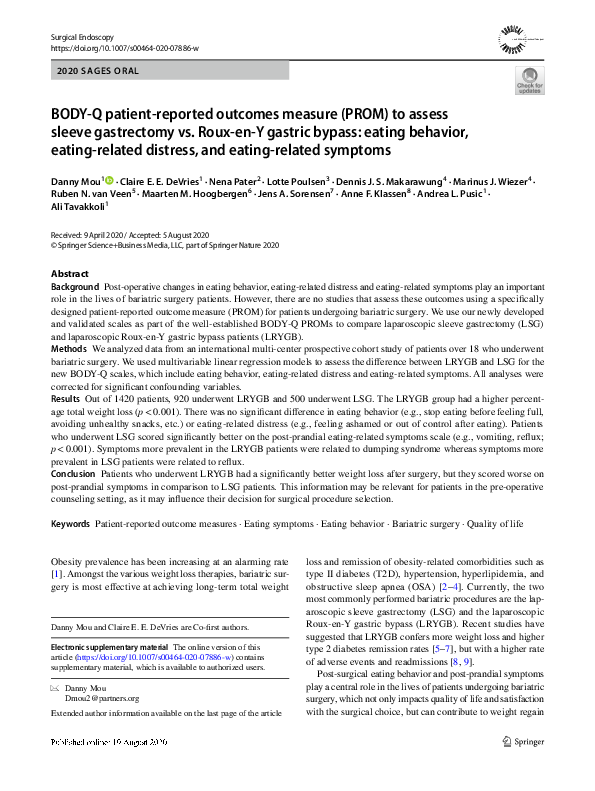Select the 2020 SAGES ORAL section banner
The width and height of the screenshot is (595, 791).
pos(95,74)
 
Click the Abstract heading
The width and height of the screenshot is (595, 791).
pos(71,274)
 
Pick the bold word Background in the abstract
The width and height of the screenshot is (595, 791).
pos(75,287)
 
